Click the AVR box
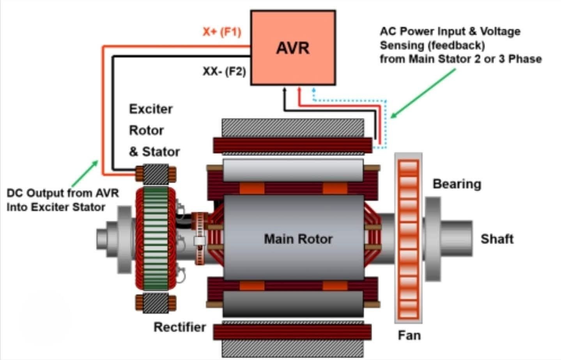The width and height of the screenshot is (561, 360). click(293, 48)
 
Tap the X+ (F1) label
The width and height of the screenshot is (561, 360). click(222, 31)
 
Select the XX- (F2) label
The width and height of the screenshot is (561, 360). click(224, 71)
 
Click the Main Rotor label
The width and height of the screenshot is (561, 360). click(298, 239)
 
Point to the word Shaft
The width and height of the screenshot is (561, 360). click(497, 239)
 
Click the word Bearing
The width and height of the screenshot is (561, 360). click(457, 184)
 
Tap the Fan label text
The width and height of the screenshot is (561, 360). click(409, 335)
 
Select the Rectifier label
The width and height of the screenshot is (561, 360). click(179, 327)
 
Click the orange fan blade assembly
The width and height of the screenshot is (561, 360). click(408, 238)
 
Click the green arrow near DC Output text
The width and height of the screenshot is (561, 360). click(85, 173)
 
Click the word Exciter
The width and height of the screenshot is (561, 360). click(151, 109)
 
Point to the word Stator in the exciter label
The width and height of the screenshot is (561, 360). click(161, 151)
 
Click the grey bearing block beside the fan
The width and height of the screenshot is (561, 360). click(433, 239)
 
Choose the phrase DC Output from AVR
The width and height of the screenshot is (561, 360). click(62, 193)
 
